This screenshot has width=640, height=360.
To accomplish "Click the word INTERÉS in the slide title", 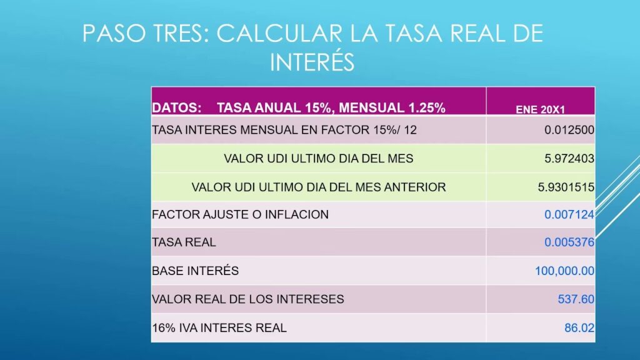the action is (312, 62).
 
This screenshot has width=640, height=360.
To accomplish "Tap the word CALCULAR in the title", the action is (279, 34).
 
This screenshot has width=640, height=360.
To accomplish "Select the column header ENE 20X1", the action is (540, 109).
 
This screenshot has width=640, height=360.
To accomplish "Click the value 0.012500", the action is (569, 130).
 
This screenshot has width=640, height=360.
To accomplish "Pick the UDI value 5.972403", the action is (569, 158).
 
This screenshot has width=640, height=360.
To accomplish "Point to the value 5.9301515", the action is (566, 187).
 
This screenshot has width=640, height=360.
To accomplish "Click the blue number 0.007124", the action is (569, 214).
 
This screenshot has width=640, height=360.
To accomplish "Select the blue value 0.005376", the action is (569, 242).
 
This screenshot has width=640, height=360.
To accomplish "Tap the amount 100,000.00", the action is (564, 271).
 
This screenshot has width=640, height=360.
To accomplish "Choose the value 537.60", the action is (576, 299).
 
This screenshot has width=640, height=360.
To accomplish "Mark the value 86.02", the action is (579, 327).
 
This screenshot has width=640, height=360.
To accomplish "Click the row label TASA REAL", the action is (184, 242).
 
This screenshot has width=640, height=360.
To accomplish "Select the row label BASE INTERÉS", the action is (195, 271).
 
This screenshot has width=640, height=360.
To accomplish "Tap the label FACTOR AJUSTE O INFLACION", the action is (240, 214).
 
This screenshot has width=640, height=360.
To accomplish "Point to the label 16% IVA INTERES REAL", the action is (219, 327).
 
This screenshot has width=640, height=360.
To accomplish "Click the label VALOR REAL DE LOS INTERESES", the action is (247, 299).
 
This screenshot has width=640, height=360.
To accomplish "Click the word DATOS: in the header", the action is (176, 107).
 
